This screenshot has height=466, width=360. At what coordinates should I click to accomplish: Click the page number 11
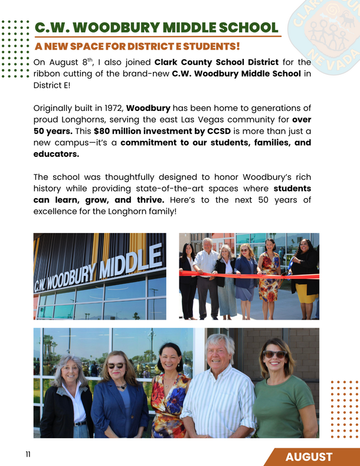pyautogui.click(x=28, y=455)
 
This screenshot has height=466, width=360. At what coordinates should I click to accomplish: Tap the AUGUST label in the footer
pyautogui.click(x=309, y=457)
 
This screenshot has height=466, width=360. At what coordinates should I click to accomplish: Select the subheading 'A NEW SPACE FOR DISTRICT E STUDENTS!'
pyautogui.click(x=137, y=46)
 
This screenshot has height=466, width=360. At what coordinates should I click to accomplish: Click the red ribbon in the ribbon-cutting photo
pyautogui.click(x=248, y=274)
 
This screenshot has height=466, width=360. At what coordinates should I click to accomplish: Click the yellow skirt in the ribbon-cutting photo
pyautogui.click(x=307, y=293)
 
